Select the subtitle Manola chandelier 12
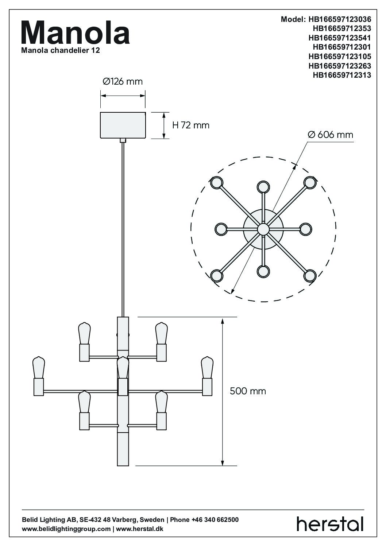pyautogui.click(x=61, y=51)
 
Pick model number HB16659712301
pyautogui.click(x=342, y=47)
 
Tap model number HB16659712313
pyautogui.click(x=342, y=75)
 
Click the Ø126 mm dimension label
pyautogui.click(x=123, y=81)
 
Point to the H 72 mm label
pyautogui.click(x=191, y=125)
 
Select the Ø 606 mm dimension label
pyautogui.click(x=331, y=135)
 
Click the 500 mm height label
pyautogui.click(x=248, y=391)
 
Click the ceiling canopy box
pyautogui.click(x=123, y=125)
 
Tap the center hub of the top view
pyautogui.click(x=263, y=229)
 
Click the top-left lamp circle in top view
pyautogui.click(x=216, y=182)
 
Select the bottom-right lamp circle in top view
pyautogui.click(x=310, y=276)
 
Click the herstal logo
pyautogui.click(x=330, y=524)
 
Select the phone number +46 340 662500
pyautogui.click(x=215, y=520)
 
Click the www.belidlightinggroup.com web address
pyautogui.click(x=66, y=529)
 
